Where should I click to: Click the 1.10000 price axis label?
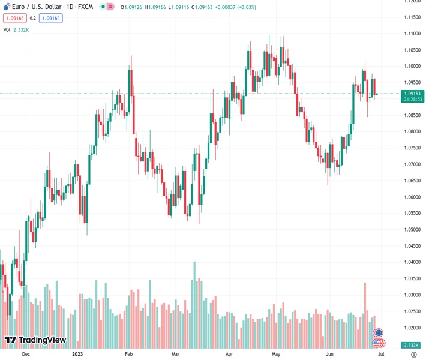[413, 66]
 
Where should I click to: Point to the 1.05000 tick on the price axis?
[413, 230]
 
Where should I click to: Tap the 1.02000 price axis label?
[413, 328]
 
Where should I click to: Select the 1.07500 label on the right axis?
[413, 148]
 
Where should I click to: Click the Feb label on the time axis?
[128, 354]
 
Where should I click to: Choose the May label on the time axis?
[275, 354]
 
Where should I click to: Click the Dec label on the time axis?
[26, 354]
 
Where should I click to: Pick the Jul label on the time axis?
[380, 354]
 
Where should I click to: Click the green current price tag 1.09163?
[413, 94]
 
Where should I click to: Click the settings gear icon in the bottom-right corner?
[413, 354]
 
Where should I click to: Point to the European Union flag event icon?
[379, 333]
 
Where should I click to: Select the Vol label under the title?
[7, 29]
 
